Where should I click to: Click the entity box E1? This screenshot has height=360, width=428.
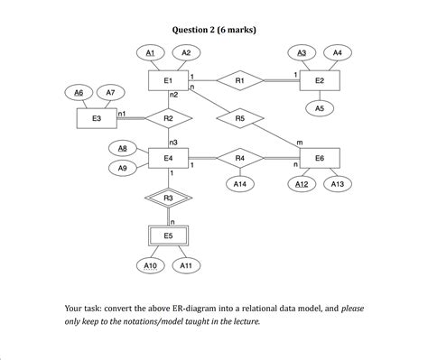(168, 80)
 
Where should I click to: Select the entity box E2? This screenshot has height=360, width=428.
(319, 80)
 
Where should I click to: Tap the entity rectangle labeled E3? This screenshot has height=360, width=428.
(97, 118)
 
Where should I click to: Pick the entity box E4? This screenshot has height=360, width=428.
(168, 158)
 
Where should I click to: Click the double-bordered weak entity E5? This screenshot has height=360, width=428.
(168, 235)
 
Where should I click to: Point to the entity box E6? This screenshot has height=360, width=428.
(319, 158)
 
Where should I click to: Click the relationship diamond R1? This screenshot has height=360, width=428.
(239, 80)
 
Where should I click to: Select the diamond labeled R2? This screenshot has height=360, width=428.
(168, 118)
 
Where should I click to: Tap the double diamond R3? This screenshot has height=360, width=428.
(168, 197)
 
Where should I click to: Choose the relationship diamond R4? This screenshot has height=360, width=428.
(239, 158)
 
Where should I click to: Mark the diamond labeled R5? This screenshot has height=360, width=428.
(239, 118)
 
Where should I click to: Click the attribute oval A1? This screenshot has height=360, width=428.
(151, 53)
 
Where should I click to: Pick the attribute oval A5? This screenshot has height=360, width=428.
(319, 108)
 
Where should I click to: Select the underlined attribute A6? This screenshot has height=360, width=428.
(79, 92)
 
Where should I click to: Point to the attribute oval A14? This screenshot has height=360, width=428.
(239, 184)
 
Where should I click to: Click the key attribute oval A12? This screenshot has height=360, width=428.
(302, 184)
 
